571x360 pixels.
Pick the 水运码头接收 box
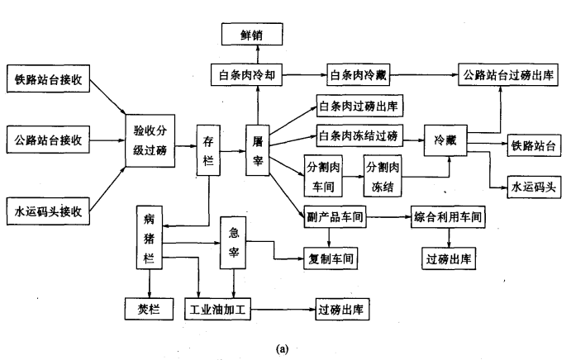pos(49,210)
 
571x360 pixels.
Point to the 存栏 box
pos(209,149)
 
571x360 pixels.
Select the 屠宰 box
pos(258,149)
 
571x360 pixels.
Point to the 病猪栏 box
pos(150,239)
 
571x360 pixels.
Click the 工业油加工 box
pos(219,310)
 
